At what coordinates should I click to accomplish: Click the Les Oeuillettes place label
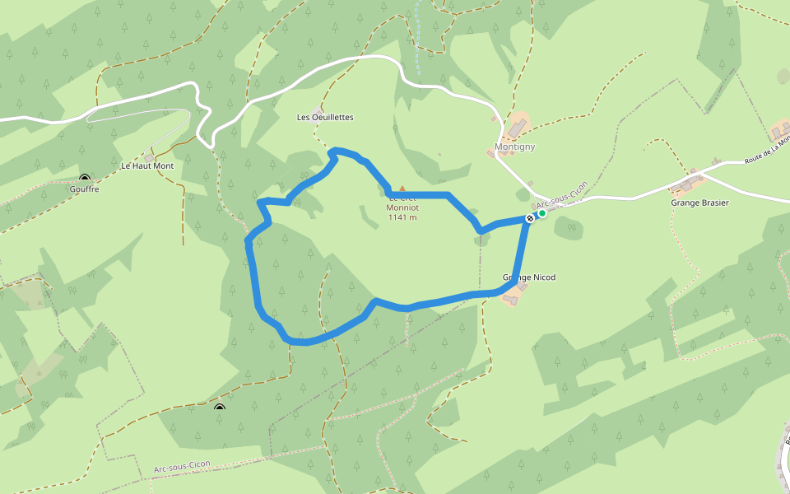coord(325,117)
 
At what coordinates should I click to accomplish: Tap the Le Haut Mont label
coord(147,165)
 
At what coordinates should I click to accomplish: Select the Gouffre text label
coord(85,189)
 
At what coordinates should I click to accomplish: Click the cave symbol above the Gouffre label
coord(85,178)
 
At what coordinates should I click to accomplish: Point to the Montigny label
coord(514,147)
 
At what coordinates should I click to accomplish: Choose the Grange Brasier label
coord(699,203)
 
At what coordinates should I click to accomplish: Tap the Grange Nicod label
coord(529,277)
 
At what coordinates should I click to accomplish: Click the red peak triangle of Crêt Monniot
coord(402,189)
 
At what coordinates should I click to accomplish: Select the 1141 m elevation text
coord(402,217)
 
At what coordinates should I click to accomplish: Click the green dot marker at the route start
coord(542,214)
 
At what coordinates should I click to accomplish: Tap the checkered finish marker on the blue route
coord(531,219)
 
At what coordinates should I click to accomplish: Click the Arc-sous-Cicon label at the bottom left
coord(182,465)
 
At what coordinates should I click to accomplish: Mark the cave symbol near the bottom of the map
coord(219,408)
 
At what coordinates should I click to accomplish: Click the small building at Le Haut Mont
coord(149,156)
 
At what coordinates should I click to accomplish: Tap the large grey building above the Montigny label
coord(518,127)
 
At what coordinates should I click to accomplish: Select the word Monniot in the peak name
coord(402,207)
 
